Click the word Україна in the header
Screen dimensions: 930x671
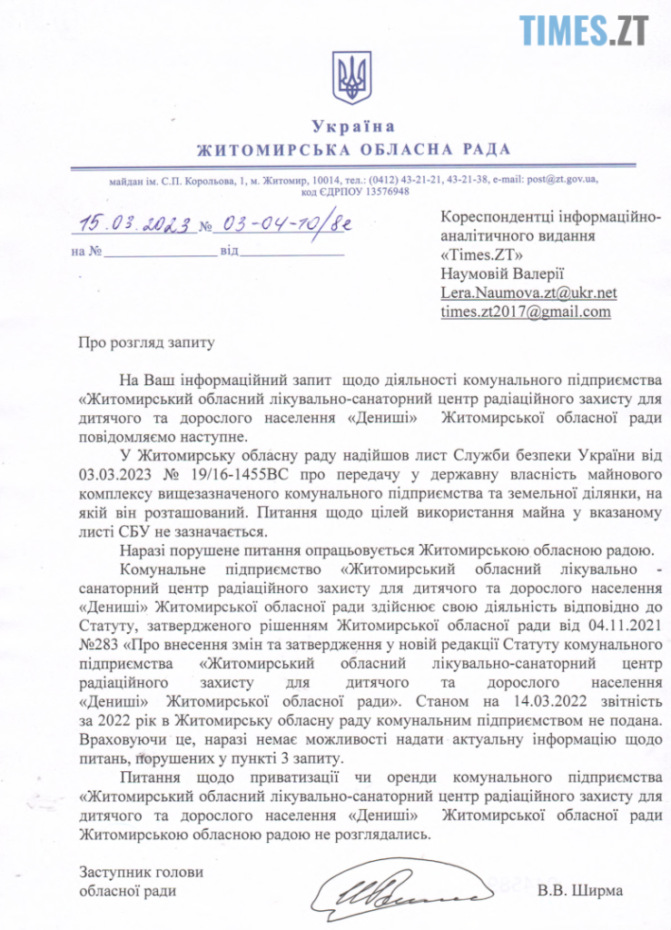coord(353,127)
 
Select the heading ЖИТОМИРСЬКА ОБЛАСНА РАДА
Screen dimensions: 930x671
coord(353,149)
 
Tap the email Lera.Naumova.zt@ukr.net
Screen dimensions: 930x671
coord(528,292)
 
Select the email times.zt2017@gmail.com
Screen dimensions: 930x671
coord(525,312)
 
